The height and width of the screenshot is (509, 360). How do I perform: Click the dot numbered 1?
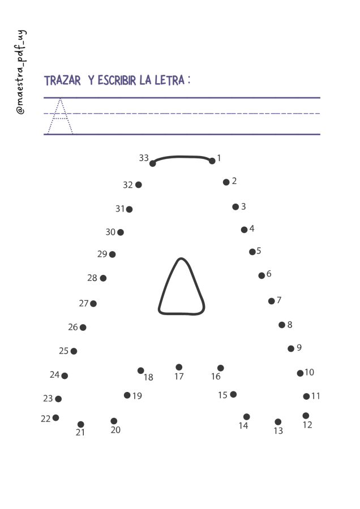click(212, 161)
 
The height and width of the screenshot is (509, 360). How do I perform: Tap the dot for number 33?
click(153, 163)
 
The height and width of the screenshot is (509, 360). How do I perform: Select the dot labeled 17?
click(179, 367)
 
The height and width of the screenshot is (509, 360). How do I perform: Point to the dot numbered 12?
click(306, 416)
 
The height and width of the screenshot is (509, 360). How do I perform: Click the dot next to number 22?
click(56, 417)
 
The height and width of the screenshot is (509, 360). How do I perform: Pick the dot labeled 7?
click(272, 301)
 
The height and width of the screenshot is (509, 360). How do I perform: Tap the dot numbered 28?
click(104, 278)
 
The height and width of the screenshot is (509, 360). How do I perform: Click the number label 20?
click(115, 430)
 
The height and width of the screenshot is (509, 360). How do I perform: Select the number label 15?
click(222, 395)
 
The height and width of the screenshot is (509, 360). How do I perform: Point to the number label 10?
click(309, 372)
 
